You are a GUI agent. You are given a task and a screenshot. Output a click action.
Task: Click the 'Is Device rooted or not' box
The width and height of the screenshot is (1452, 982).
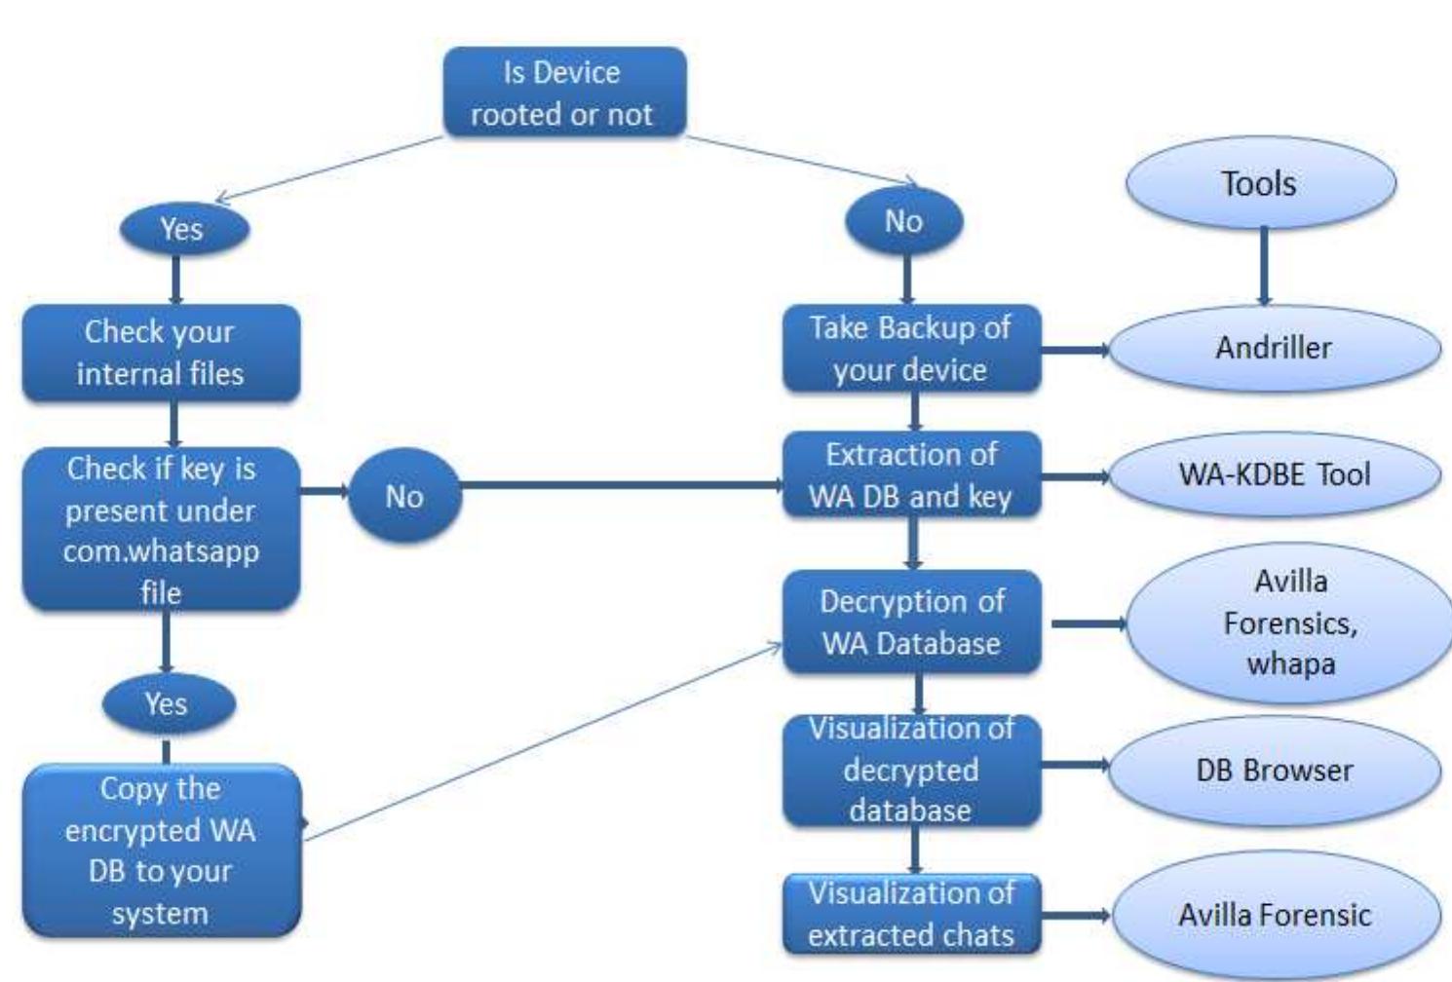tap(564, 93)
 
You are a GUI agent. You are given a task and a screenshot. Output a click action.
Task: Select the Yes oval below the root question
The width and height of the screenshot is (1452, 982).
tap(183, 229)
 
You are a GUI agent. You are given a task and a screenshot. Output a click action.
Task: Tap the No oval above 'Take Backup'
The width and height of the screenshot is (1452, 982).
tap(903, 221)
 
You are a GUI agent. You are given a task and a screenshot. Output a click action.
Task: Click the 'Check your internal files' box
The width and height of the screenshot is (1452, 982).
tap(161, 353)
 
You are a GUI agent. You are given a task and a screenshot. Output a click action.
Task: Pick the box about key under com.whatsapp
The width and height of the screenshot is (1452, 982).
tap(161, 529)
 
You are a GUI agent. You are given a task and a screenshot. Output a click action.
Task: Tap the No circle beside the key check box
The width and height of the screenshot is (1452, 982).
tap(403, 496)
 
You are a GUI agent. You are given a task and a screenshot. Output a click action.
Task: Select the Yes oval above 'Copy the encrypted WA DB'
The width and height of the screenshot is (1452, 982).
tap(168, 703)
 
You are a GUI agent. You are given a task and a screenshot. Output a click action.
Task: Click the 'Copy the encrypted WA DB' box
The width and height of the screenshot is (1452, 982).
tap(161, 850)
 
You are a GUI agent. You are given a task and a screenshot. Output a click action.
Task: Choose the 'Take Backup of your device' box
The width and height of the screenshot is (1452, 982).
tap(911, 349)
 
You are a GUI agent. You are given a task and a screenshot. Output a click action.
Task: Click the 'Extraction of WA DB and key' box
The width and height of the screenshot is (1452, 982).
tap(911, 475)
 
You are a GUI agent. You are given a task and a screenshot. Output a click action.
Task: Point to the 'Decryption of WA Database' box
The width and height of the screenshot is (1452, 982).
tap(911, 622)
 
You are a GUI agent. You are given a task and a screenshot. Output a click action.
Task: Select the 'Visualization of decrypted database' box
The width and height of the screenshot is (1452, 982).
tap(911, 770)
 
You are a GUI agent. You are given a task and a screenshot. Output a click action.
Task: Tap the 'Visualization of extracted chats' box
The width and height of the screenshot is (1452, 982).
tap(911, 914)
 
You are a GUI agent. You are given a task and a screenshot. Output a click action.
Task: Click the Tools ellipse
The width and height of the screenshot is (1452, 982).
tap(1260, 183)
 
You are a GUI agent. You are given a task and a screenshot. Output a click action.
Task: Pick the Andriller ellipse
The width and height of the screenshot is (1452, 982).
tap(1274, 348)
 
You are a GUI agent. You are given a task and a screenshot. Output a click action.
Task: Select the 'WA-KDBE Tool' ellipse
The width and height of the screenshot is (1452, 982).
tap(1274, 474)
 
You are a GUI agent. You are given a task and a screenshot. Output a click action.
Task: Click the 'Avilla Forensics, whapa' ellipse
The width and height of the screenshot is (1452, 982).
tap(1289, 623)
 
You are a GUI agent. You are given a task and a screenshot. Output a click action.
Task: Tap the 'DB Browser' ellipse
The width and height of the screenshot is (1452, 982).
tap(1274, 771)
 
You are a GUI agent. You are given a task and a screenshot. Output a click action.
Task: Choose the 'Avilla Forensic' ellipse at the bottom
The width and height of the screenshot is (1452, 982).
tap(1274, 915)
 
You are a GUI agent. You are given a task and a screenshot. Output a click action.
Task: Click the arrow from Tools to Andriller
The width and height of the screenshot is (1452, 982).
tap(1264, 266)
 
